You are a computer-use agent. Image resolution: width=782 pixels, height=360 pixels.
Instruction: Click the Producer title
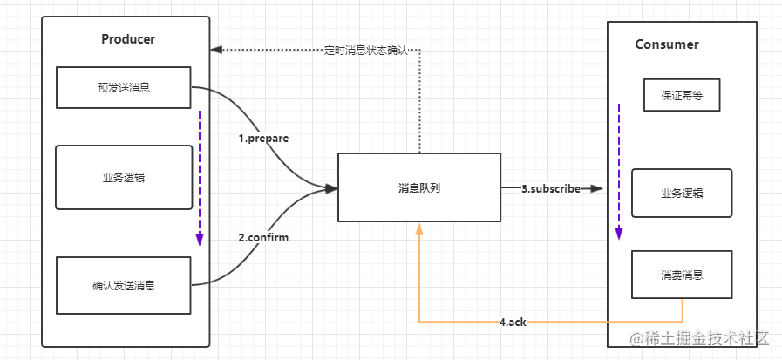[128, 39]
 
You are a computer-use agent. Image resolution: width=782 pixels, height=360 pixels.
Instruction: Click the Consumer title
[667, 44]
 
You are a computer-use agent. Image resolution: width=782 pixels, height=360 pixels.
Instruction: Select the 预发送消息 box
[124, 87]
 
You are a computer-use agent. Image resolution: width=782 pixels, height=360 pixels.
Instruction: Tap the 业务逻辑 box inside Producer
[124, 177]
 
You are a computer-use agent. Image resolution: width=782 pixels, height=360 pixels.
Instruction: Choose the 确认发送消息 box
[124, 285]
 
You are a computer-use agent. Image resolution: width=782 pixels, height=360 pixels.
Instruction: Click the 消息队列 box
[419, 187]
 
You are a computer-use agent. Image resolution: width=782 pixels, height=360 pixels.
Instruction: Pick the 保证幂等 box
[682, 95]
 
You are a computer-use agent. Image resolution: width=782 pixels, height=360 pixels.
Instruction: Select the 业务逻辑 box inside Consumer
[682, 193]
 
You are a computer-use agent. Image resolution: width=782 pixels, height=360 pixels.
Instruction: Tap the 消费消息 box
[682, 275]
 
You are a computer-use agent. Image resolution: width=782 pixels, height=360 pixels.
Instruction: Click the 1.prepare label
[263, 139]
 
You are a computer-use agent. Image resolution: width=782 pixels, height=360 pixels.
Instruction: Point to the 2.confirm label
[263, 237]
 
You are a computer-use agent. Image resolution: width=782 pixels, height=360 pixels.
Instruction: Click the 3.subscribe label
[551, 189]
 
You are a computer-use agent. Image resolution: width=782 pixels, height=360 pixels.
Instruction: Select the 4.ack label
[513, 323]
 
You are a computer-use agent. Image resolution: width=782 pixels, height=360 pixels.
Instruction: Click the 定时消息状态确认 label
[366, 51]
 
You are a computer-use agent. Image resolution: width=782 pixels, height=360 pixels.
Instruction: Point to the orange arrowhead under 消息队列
[419, 229]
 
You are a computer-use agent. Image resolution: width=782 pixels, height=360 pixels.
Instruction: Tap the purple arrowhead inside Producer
[200, 240]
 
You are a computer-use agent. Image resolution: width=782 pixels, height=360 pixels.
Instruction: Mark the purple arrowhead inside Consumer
[619, 234]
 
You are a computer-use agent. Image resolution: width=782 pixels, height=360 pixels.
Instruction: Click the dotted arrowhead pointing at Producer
[216, 50]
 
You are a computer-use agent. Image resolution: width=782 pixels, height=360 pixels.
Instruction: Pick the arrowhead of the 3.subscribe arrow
[597, 188]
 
